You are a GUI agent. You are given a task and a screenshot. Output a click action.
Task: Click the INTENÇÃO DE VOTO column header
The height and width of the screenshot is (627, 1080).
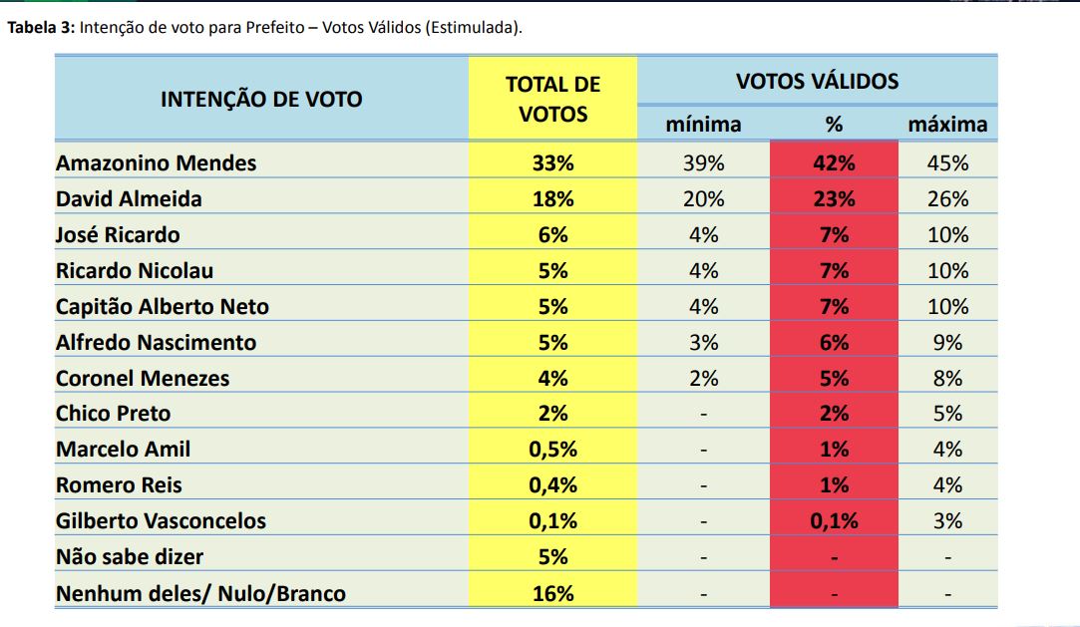pyautogui.click(x=261, y=99)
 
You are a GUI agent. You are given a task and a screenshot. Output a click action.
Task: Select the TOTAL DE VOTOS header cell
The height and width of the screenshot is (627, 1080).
pyautogui.click(x=553, y=99)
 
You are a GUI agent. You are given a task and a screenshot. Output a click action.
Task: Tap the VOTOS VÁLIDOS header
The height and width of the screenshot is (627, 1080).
pyautogui.click(x=817, y=81)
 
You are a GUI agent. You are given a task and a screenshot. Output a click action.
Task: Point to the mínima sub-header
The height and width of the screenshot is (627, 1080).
pyautogui.click(x=703, y=125)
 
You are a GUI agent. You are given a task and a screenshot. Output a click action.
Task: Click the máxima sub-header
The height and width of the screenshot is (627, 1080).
pyautogui.click(x=947, y=125)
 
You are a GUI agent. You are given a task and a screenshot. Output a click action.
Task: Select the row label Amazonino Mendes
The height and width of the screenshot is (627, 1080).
pyautogui.click(x=156, y=163)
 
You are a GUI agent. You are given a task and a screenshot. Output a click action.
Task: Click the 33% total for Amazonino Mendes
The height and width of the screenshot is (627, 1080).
pyautogui.click(x=553, y=163)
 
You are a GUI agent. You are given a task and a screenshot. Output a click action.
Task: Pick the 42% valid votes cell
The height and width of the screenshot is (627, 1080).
pyautogui.click(x=834, y=163)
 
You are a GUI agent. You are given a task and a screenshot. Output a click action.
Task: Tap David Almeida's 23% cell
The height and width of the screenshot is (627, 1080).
pyautogui.click(x=834, y=199)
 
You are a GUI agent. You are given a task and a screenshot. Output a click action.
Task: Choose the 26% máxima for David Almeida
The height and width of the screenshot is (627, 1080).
pyautogui.click(x=947, y=199)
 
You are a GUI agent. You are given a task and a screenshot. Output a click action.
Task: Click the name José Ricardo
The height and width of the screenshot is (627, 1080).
pyautogui.click(x=118, y=235)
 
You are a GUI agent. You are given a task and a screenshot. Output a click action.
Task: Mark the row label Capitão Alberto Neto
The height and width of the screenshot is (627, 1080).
pyautogui.click(x=163, y=307)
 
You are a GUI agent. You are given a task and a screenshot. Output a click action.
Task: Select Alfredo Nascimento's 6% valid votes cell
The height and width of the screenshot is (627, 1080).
pyautogui.click(x=834, y=343)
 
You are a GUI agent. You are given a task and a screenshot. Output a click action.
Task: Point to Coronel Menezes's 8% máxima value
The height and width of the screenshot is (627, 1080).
pyautogui.click(x=947, y=379)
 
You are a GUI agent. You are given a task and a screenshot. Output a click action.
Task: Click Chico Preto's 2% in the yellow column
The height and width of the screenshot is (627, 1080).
pyautogui.click(x=553, y=414)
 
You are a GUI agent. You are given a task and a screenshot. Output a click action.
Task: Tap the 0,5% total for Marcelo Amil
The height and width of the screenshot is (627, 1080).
pyautogui.click(x=553, y=450)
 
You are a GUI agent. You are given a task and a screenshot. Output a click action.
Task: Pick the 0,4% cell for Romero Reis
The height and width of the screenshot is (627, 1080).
pyautogui.click(x=553, y=485)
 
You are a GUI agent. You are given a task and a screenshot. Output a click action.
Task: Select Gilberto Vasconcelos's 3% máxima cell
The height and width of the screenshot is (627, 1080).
pyautogui.click(x=947, y=521)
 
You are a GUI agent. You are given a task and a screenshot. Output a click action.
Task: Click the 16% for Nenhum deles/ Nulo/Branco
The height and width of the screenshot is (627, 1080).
pyautogui.click(x=553, y=593)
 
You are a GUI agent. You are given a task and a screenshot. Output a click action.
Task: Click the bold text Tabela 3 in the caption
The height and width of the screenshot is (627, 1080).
pyautogui.click(x=40, y=28)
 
